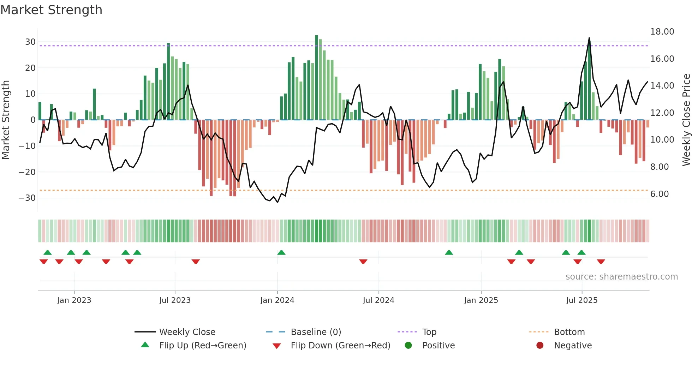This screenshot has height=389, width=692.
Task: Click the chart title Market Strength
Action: [51, 10]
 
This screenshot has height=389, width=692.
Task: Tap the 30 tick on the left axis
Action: [30, 42]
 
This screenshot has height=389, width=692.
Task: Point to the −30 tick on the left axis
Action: [28, 198]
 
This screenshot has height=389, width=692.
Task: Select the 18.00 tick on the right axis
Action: [662, 32]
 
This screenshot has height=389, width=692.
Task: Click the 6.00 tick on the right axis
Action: [659, 194]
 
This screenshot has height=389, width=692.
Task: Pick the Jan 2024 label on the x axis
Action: [277, 300]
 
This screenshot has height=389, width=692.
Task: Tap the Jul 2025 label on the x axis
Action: [581, 300]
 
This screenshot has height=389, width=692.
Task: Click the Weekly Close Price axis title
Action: [686, 120]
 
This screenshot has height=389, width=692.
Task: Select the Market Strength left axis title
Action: [6, 120]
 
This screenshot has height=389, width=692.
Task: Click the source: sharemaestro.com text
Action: [621, 276]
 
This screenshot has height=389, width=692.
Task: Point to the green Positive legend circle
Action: [408, 345]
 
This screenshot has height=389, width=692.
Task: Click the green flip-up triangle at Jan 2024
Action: [281, 252]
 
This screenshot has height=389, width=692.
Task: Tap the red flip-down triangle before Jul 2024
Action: [363, 262]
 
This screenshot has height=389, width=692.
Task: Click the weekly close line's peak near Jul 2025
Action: [589, 38]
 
